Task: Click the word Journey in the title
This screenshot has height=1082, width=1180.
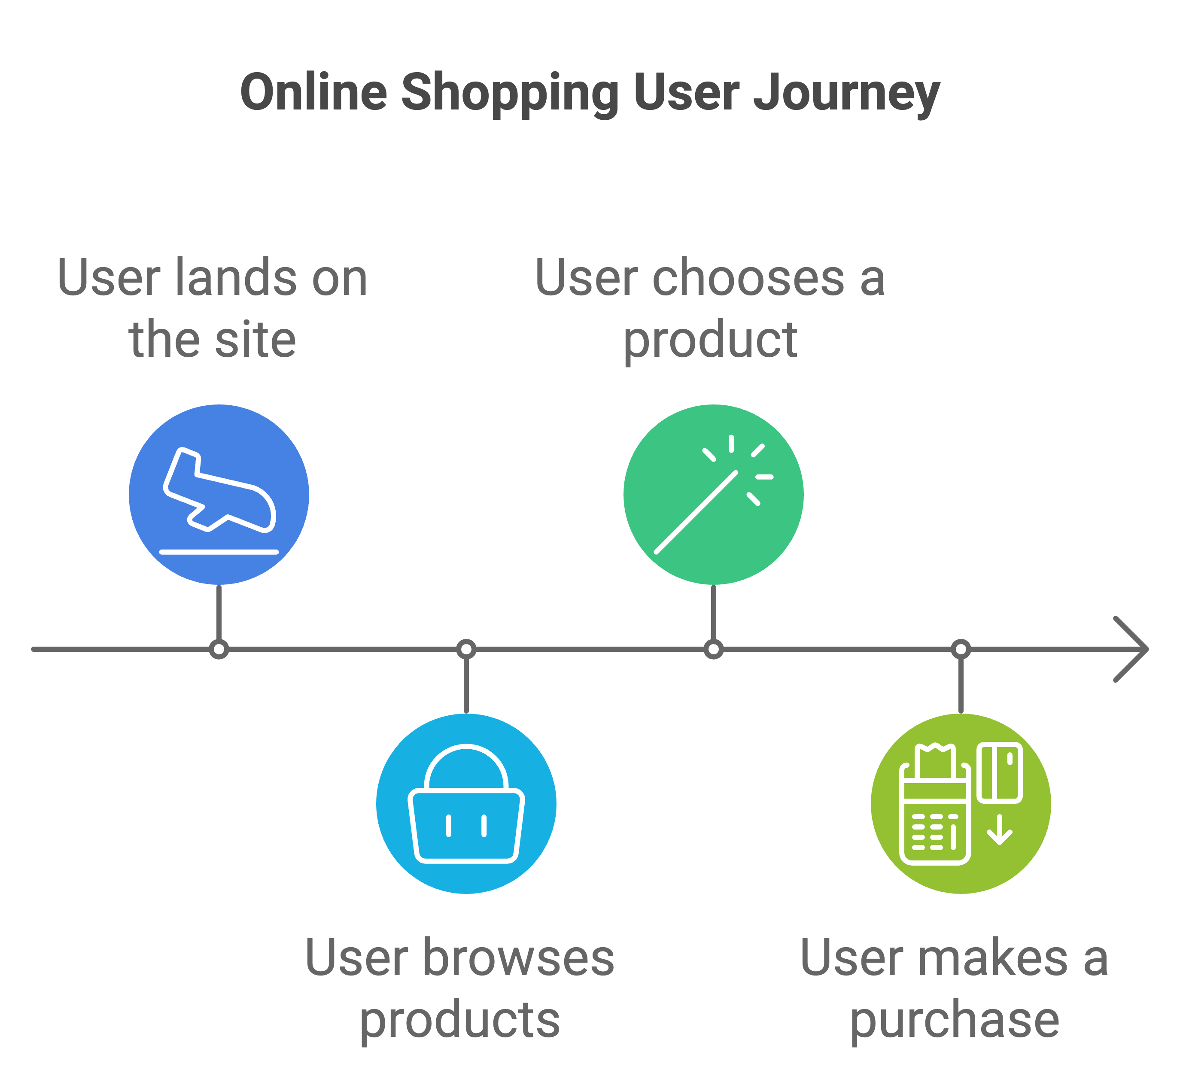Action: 846,94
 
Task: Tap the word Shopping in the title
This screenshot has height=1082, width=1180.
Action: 509,94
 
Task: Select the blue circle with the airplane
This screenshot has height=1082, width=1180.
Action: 219,494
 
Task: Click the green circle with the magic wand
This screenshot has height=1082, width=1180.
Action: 713,494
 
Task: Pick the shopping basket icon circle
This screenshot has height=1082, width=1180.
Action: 466,803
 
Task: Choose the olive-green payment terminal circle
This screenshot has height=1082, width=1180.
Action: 961,803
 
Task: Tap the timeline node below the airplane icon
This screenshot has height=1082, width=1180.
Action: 219,649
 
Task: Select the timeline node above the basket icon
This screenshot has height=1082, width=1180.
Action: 466,649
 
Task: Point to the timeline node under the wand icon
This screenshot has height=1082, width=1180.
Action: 713,649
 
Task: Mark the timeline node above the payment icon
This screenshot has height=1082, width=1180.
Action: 961,649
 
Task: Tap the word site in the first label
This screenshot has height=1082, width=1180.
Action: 255,339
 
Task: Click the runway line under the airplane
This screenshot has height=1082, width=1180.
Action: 219,552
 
